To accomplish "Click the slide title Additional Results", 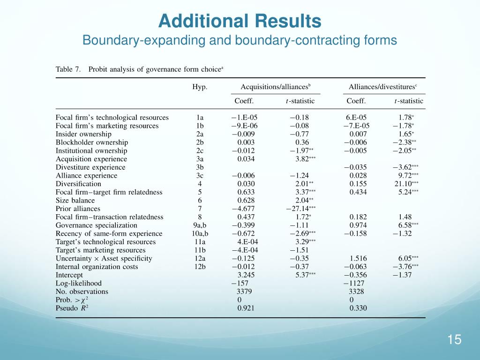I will click(x=240, y=21).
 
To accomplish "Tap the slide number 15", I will click(x=454, y=340).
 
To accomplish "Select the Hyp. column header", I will click(x=200, y=87).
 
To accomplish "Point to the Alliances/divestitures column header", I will click(x=383, y=87).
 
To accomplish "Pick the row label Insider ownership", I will click(x=83, y=134).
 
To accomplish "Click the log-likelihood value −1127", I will click(x=354, y=283).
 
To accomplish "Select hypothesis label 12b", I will click(x=200, y=267).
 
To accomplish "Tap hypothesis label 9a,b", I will click(x=200, y=225).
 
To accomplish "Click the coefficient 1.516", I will click(x=359, y=258).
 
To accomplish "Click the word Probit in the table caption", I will click(x=98, y=69).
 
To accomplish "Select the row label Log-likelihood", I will click(x=78, y=283).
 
